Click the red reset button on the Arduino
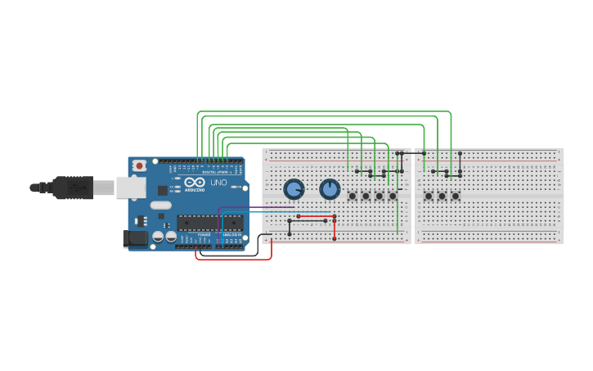tap(140, 165)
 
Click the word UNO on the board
tap(218, 183)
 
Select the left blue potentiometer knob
tap(293, 190)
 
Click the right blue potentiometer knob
tap(330, 190)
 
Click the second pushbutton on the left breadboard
tap(366, 196)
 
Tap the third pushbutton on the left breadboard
tap(379, 196)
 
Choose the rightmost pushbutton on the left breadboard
tap(393, 196)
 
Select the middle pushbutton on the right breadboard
tap(443, 196)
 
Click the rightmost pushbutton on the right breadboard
tap(456, 196)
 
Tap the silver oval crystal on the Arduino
tap(161, 206)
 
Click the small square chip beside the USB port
tap(161, 190)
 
